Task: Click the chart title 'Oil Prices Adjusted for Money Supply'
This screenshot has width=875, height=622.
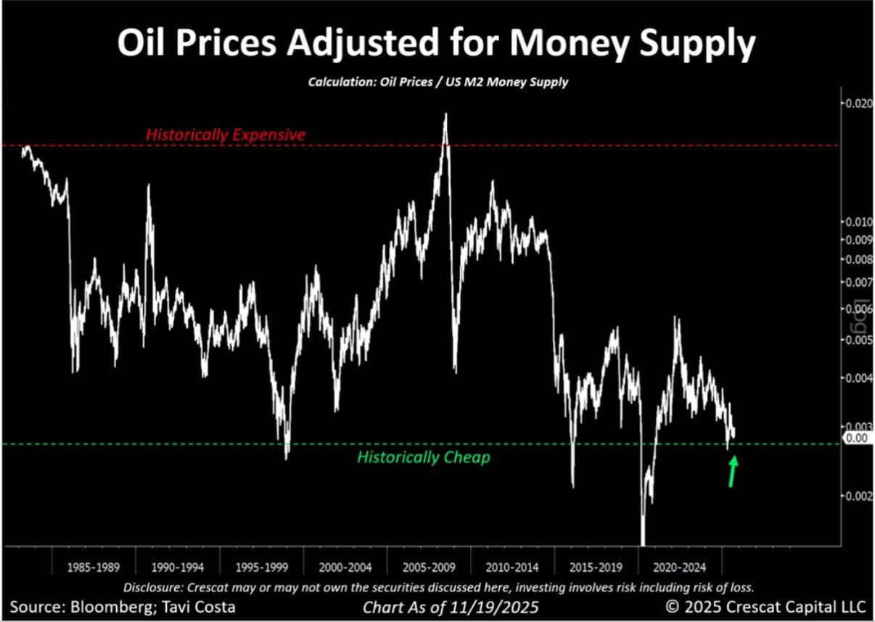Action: point(437,45)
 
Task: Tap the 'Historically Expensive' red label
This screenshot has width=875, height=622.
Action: point(226,135)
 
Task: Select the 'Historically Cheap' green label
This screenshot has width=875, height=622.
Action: point(424,457)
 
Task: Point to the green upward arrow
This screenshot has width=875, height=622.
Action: point(734,471)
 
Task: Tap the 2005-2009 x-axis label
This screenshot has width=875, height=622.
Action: point(428,566)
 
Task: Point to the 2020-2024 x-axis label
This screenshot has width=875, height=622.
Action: point(678,566)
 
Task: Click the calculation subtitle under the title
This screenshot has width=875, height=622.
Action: point(438,82)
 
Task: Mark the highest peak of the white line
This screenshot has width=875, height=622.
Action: point(445,114)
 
